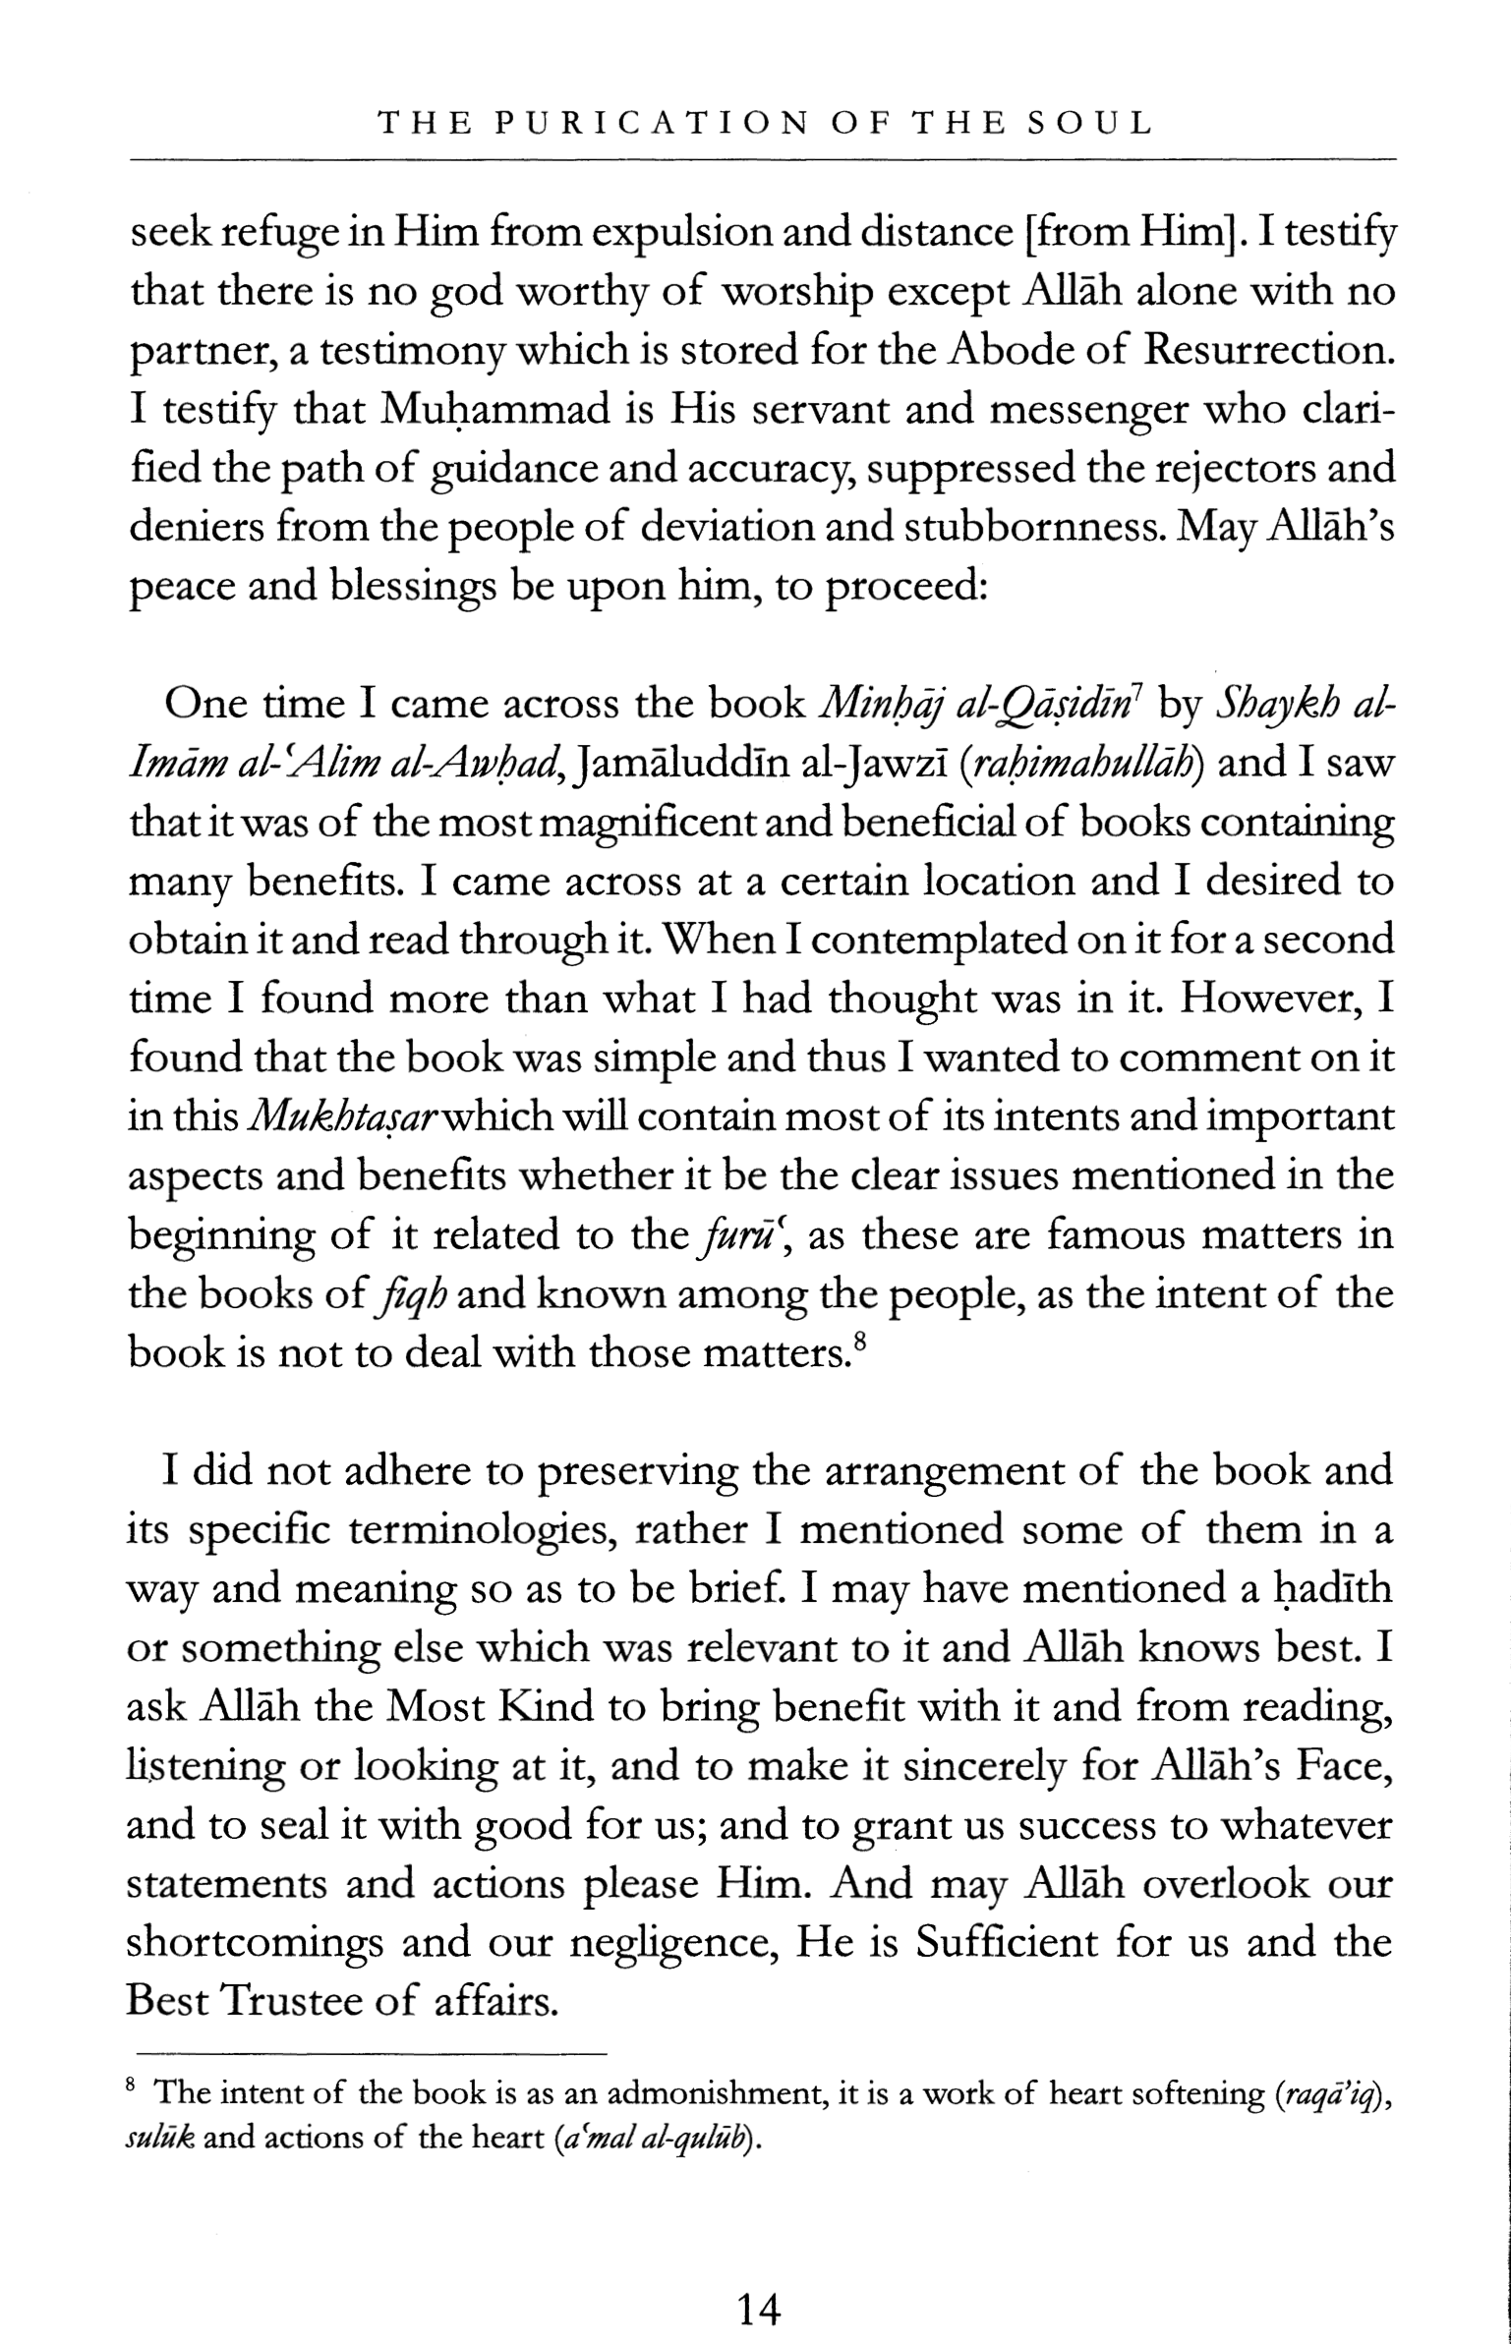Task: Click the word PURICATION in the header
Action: click(649, 124)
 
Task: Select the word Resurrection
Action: click(1269, 351)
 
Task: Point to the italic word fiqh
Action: click(413, 1295)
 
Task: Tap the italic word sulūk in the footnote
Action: click(160, 2139)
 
